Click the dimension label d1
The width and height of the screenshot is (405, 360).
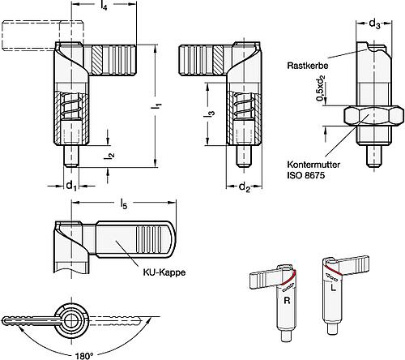(x=70, y=186)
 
